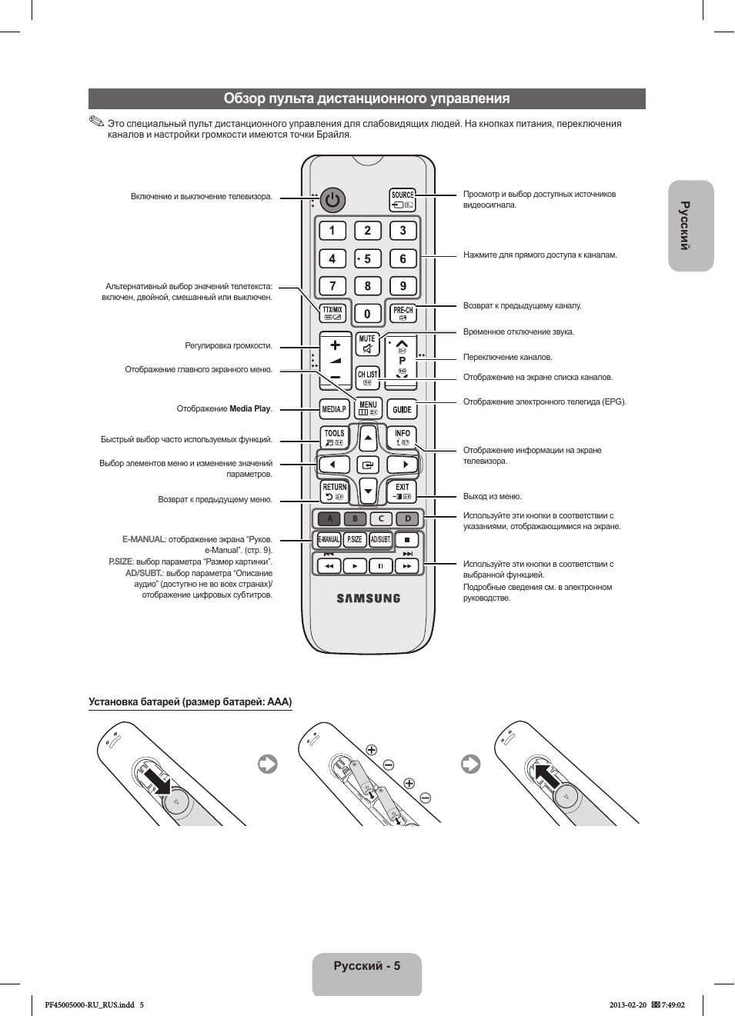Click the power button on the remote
[332, 200]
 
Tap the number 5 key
[367, 259]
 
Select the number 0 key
[367, 314]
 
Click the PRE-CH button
[403, 313]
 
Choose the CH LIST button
[367, 377]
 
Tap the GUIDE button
[402, 409]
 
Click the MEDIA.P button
[333, 409]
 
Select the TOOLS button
[334, 438]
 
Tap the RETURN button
[334, 491]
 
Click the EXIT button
[403, 491]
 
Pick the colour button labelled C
[381, 518]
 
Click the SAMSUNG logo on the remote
[368, 598]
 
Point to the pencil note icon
[95, 122]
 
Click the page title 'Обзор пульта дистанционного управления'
[366, 98]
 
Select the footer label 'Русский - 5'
[366, 966]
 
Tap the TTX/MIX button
[332, 313]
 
